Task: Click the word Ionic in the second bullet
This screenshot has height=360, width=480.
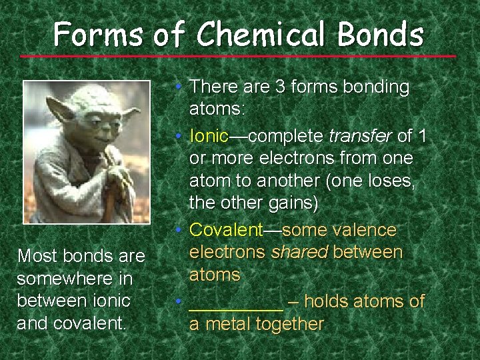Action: (x=209, y=137)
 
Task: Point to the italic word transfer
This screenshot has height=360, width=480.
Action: (x=361, y=137)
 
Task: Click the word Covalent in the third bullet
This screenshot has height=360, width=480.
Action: (x=227, y=231)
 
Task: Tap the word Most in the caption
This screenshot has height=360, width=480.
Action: (x=36, y=256)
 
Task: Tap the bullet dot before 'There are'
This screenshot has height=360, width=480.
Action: (x=181, y=87)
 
